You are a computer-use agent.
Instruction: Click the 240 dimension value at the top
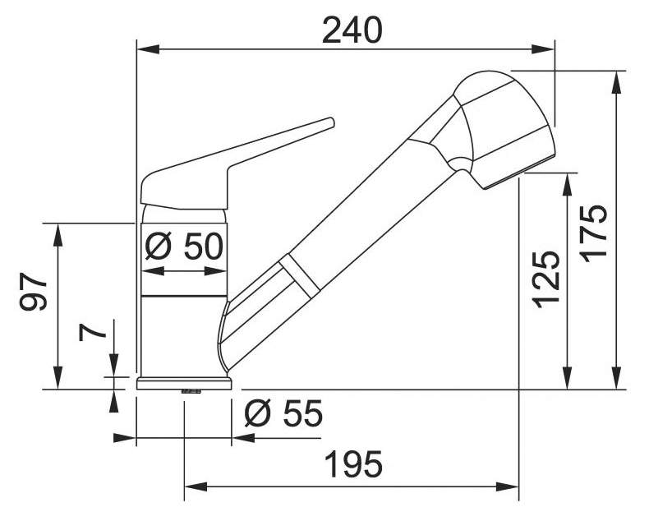(352, 30)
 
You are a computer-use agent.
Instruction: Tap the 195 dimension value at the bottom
(354, 463)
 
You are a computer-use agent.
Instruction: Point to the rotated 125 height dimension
(546, 279)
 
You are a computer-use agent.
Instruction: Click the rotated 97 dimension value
(34, 291)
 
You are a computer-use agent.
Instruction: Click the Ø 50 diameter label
(184, 246)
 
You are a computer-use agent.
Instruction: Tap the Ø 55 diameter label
(283, 413)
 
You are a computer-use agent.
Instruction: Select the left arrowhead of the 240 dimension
(148, 48)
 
